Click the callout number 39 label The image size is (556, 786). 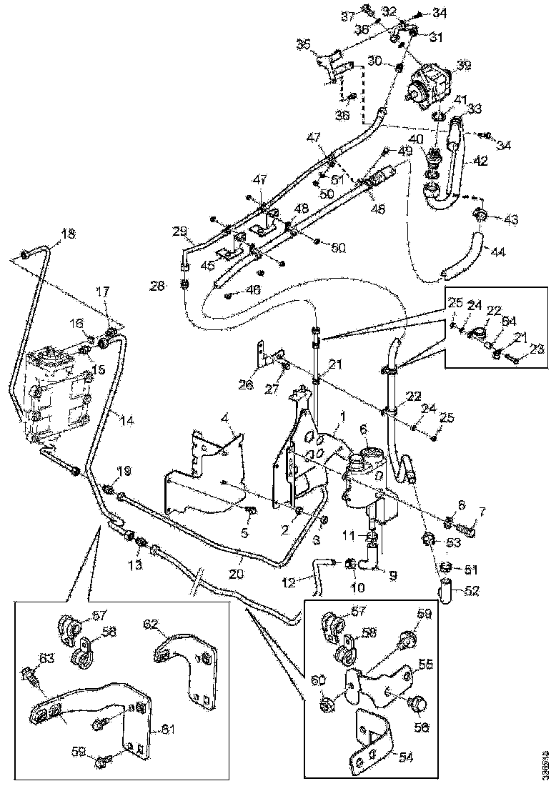pos(465,66)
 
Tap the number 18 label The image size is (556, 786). pos(67,234)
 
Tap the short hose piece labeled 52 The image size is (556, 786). pos(445,591)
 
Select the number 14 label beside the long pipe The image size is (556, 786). pos(126,421)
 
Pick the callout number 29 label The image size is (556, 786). pos(179,231)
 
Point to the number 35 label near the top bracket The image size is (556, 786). pos(303,44)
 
